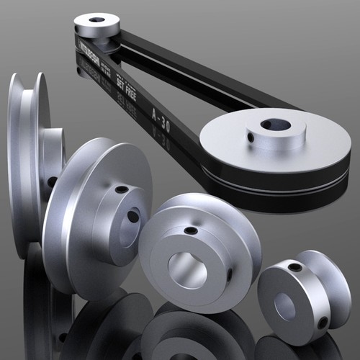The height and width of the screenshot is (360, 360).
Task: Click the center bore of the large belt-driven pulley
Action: pyautogui.click(x=275, y=125)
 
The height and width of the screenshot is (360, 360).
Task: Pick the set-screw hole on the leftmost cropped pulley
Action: pyautogui.click(x=52, y=182)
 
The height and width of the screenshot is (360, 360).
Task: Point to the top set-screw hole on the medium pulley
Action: pyautogui.click(x=190, y=231)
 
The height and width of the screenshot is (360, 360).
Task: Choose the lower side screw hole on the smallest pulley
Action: pyautogui.click(x=322, y=323)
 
